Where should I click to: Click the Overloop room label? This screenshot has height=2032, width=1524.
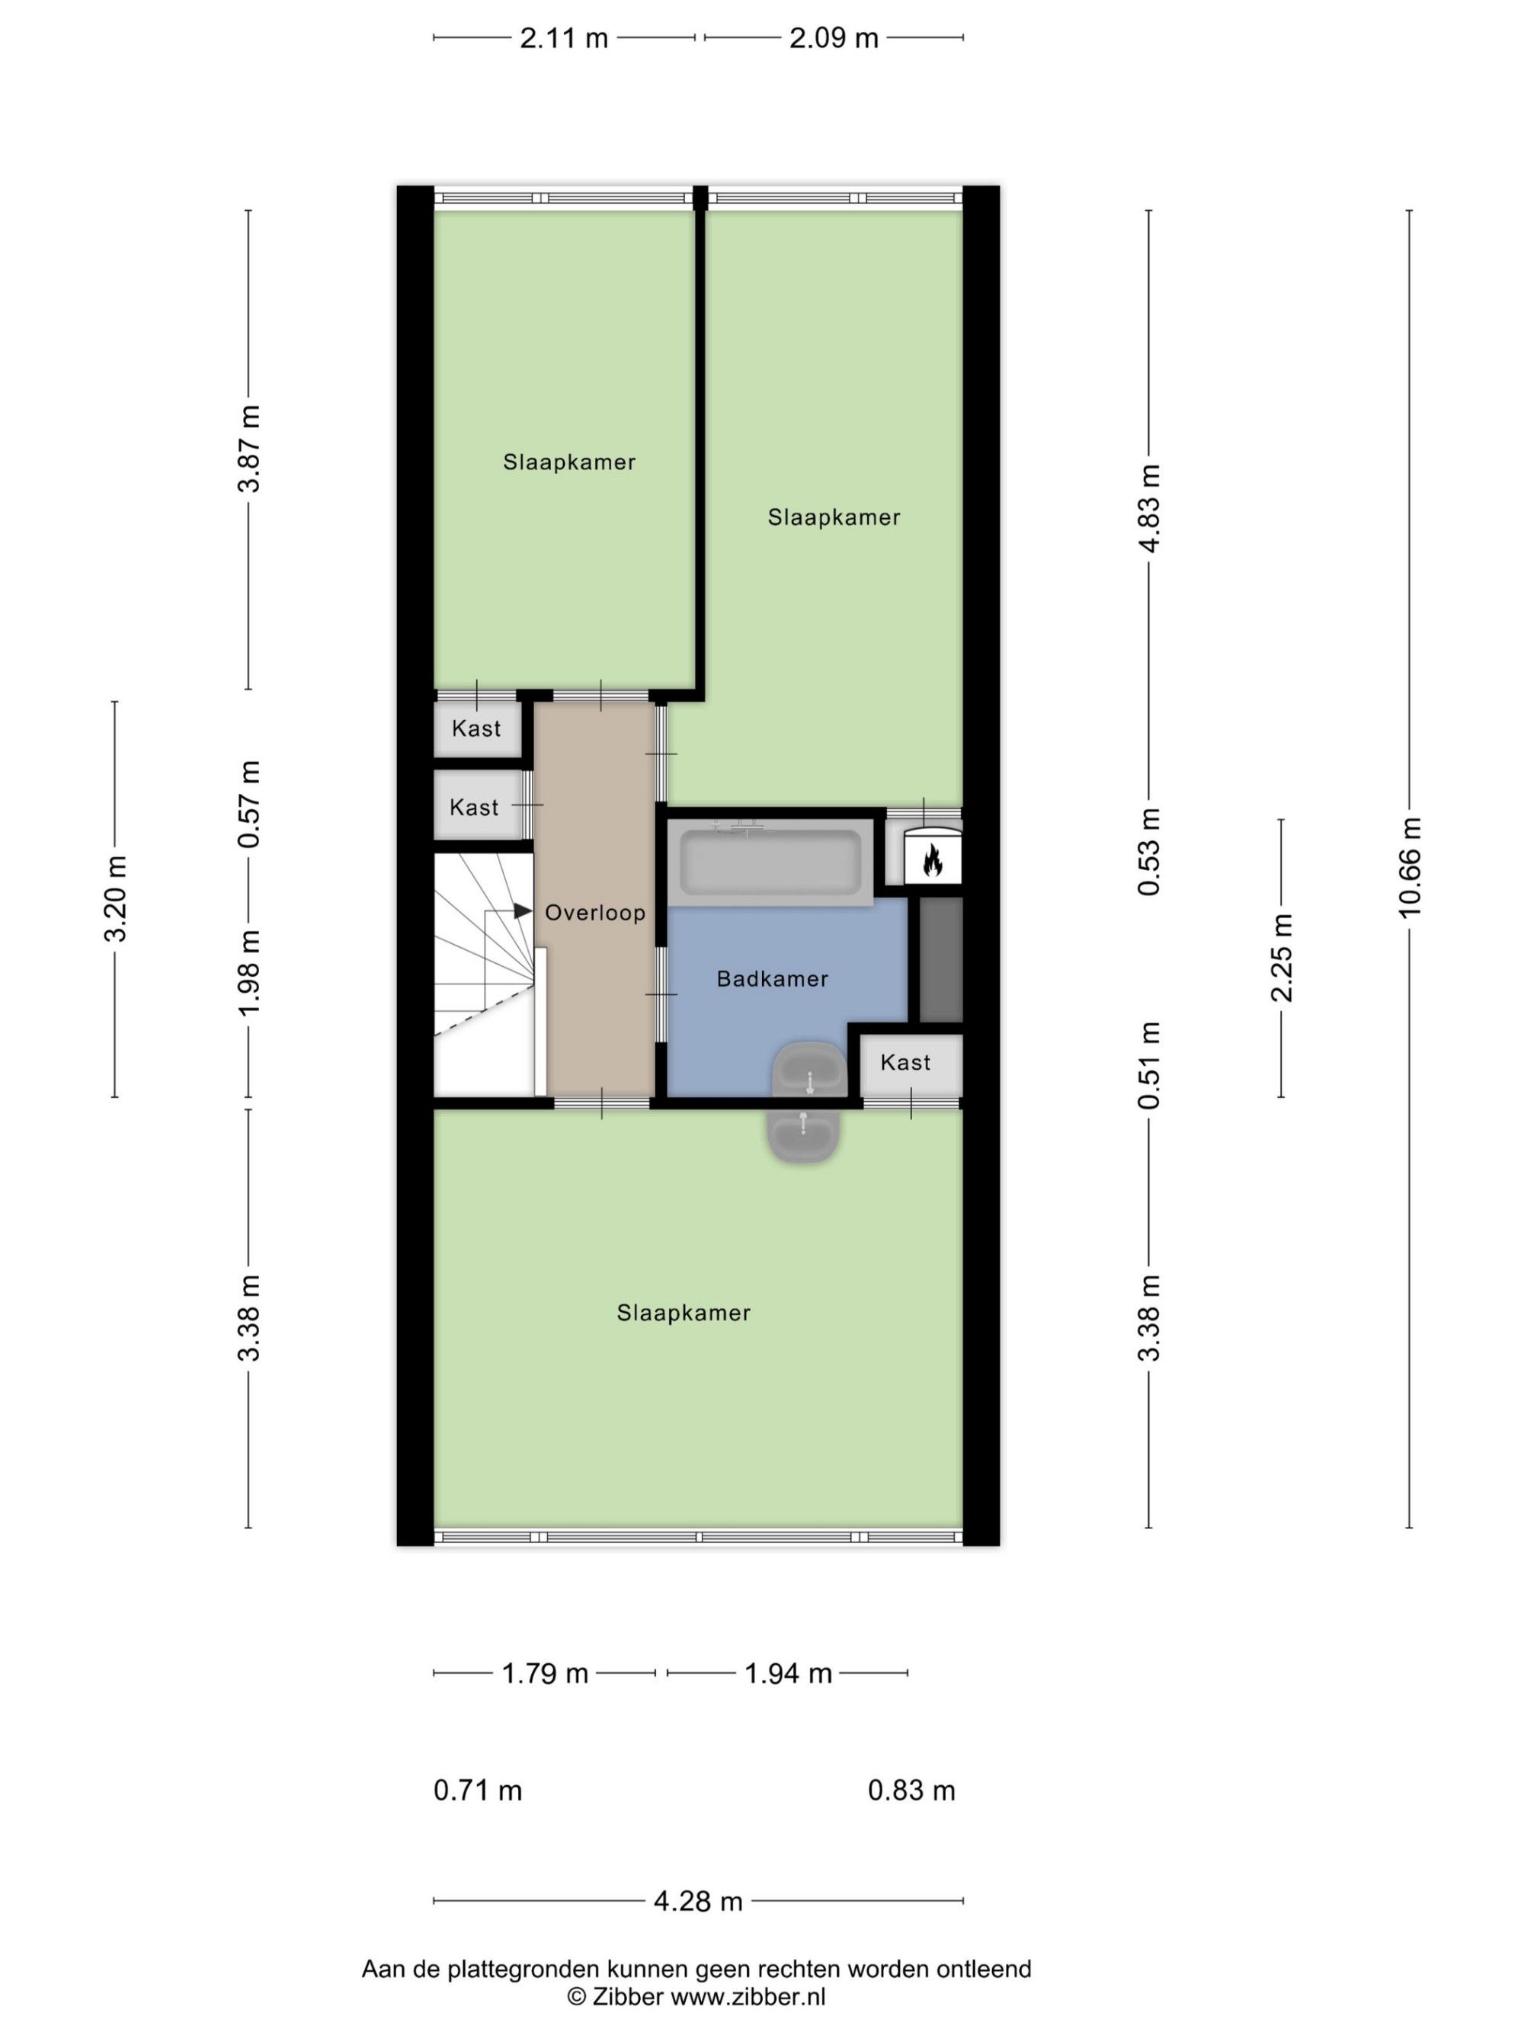coord(594,912)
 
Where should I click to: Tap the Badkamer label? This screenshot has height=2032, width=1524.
coord(773,979)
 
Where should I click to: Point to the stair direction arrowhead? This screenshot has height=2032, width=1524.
coord(523,910)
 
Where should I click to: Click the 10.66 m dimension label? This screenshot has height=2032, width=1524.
coord(1408,866)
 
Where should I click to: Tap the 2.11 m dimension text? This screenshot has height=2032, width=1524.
coord(564,37)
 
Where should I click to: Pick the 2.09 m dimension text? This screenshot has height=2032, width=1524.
coord(834,37)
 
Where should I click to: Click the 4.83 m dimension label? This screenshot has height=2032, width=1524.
coord(1149,507)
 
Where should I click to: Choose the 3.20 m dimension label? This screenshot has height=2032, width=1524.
coord(116,898)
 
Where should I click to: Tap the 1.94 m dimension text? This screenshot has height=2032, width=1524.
coord(788,1673)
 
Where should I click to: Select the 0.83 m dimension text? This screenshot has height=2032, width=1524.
coord(912,1790)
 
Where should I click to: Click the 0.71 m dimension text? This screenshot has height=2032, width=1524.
coord(478,1790)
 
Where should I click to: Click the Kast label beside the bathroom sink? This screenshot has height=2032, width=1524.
coord(904,1063)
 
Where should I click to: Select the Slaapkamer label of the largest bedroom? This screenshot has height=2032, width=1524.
coord(684,1313)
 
